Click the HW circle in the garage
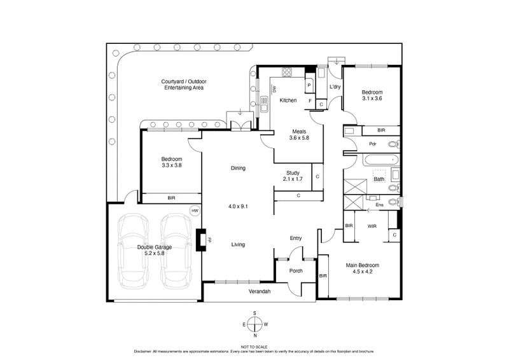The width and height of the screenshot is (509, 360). tap(195, 211)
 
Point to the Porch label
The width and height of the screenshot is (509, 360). tap(296, 270)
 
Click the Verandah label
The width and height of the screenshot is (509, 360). tap(259, 291)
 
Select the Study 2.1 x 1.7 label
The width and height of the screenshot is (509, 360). tap(293, 176)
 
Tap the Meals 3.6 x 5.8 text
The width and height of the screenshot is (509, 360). tap(298, 135)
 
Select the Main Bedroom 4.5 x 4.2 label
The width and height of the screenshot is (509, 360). tap(363, 268)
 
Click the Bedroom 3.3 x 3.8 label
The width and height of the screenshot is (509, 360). tap(171, 162)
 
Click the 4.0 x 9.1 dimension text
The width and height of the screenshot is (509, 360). tap(238, 206)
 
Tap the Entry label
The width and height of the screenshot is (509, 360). tap(296, 238)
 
